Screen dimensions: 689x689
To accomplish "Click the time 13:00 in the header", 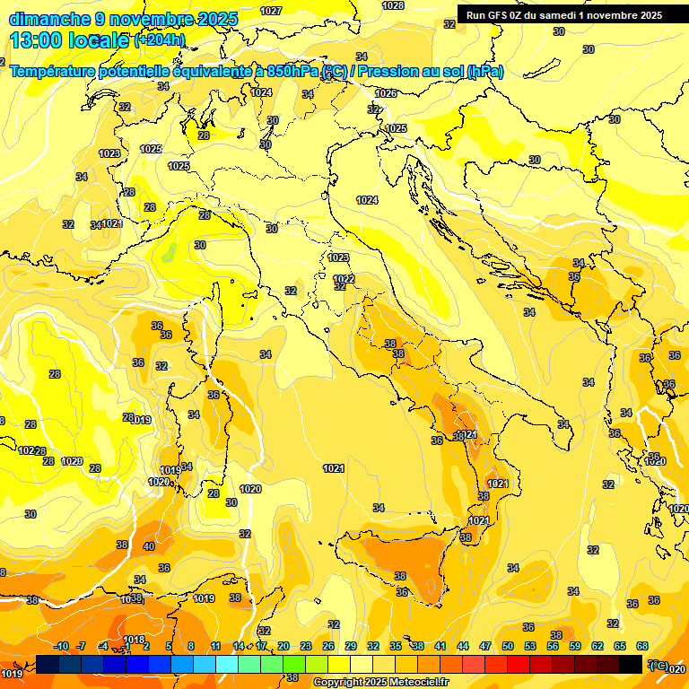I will click(35, 40).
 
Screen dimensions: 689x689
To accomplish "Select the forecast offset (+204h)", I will click(160, 40).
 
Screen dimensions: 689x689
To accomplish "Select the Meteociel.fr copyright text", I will click(380, 683).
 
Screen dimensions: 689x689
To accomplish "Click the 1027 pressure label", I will click(270, 11).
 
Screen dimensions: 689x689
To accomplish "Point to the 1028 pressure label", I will click(393, 5).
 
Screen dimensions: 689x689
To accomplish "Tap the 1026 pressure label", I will click(386, 93).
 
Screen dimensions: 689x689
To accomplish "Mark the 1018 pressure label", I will click(134, 640).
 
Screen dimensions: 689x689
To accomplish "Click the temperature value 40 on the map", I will click(149, 546).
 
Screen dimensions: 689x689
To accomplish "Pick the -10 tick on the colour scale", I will click(61, 646).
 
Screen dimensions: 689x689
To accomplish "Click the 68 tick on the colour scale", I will click(642, 646).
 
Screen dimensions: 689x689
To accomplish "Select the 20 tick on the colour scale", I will click(283, 646).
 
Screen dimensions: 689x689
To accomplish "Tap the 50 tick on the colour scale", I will click(508, 646).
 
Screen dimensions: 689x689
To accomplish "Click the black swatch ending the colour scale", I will click(632, 664).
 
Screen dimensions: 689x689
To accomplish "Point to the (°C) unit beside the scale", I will click(658, 665).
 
